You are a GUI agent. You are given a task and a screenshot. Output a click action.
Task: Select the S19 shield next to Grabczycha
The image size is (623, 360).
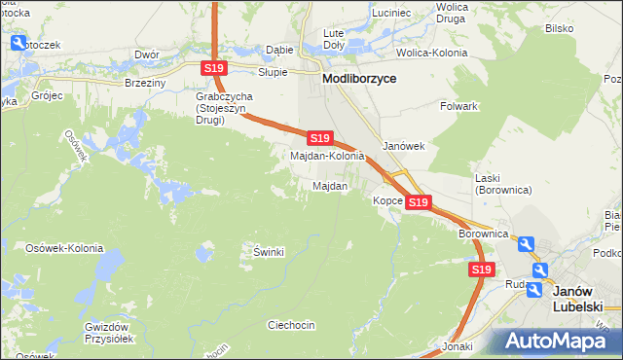coord(215,67)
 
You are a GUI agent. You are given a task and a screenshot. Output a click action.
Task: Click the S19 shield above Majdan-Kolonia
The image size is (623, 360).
coord(320,139)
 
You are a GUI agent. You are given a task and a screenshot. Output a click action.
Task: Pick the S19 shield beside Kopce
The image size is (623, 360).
coord(418,201)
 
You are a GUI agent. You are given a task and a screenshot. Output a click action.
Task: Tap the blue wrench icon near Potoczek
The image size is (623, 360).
coord(18,42)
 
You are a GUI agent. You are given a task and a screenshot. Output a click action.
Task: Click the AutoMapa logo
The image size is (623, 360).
coord(555,340)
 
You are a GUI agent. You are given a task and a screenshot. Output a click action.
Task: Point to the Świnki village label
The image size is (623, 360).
coord(268,252)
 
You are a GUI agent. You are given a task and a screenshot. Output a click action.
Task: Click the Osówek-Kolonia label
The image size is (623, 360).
coord(64,248)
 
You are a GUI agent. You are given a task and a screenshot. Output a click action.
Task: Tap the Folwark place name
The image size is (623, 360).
coord(458,105)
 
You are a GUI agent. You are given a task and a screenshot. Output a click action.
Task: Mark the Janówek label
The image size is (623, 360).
coord(405,146)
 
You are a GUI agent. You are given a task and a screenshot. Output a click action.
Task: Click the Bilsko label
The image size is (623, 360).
coord(559,28)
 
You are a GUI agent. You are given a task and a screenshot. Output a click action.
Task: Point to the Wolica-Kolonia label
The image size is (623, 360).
coord(434,51)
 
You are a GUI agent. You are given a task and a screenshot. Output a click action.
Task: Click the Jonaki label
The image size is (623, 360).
coord(457,345)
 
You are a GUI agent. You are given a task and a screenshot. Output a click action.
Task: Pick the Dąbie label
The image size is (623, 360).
coord(279,50)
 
